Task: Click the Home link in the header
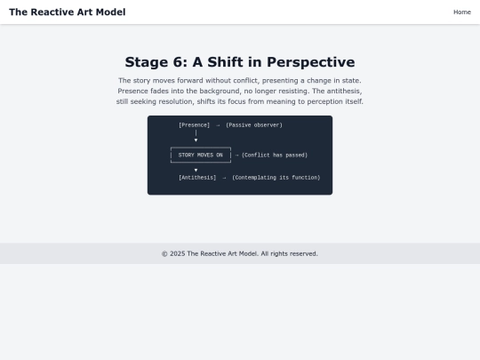(462, 12)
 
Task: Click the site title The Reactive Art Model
(68, 12)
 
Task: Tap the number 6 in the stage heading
(178, 62)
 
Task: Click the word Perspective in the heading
(311, 63)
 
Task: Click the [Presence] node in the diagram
(195, 125)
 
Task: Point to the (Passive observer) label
(254, 125)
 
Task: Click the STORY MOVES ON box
(201, 155)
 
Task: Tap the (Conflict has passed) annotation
(275, 155)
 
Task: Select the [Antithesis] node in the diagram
(197, 178)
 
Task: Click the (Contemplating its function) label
(276, 178)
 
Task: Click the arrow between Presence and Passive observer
(218, 125)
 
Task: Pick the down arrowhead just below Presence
(196, 140)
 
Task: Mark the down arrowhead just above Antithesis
(196, 170)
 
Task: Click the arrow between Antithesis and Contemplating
(224, 178)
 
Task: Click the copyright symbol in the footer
(164, 253)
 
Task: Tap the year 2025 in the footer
(178, 253)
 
